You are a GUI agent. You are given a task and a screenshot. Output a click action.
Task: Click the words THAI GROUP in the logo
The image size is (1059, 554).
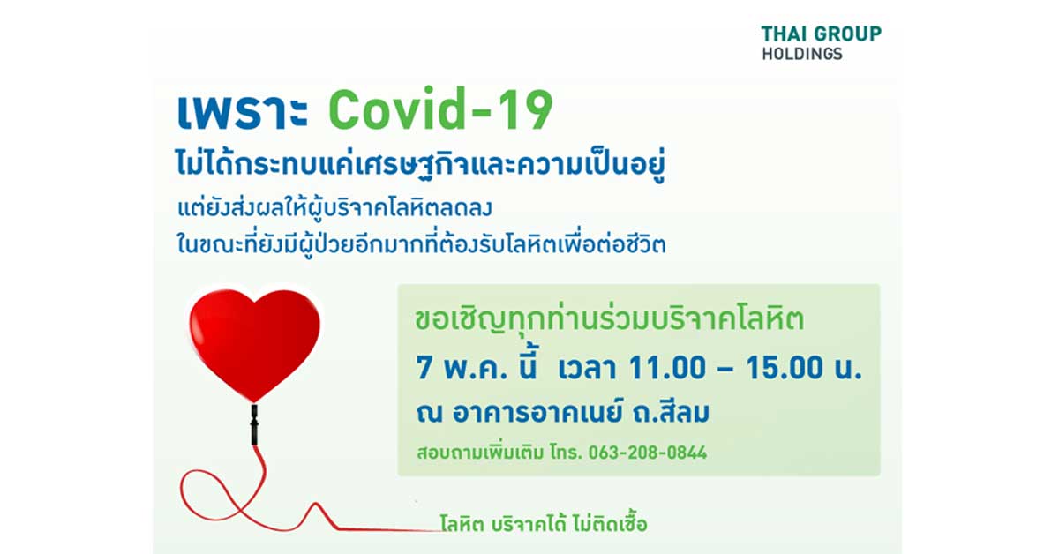click(x=822, y=34)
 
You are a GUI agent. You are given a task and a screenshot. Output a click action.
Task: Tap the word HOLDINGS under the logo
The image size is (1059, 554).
click(x=802, y=54)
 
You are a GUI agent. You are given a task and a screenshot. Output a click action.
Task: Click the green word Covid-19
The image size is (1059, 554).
click(x=440, y=109)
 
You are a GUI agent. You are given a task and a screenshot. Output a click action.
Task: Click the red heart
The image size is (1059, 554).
click(x=254, y=344)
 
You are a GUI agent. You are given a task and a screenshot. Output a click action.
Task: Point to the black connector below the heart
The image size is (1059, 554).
click(x=254, y=424)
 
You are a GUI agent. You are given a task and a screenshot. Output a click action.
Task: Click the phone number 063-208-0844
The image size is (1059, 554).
click(x=647, y=453)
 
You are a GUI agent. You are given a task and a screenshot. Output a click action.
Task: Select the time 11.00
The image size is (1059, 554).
click(x=666, y=368)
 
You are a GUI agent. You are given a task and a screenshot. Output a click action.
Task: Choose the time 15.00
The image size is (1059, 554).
click(x=785, y=368)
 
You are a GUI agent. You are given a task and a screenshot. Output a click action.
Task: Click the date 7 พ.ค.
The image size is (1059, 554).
click(x=462, y=368)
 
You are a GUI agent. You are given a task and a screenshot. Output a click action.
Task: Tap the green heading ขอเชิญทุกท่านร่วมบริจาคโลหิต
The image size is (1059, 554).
click(x=610, y=319)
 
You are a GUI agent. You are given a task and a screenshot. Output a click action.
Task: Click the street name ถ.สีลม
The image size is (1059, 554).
click(x=672, y=411)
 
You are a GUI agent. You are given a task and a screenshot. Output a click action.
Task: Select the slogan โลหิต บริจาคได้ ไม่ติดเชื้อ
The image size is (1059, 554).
click(x=544, y=524)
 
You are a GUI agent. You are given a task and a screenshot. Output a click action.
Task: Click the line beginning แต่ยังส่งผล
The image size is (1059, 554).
click(x=334, y=208)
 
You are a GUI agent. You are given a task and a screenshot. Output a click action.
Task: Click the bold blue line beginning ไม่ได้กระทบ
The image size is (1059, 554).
click(x=421, y=164)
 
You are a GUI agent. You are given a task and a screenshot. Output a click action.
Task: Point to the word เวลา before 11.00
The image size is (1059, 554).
click(x=587, y=368)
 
